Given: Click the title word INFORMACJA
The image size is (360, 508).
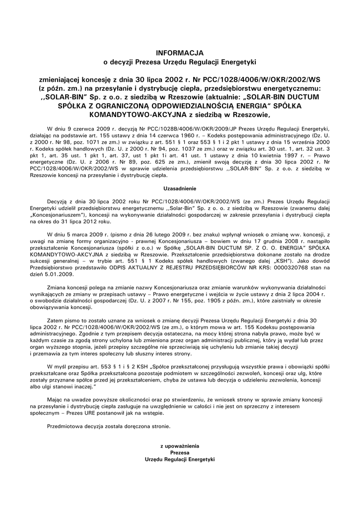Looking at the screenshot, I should click(180, 52).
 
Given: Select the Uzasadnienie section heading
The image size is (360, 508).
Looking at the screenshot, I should click(180, 189).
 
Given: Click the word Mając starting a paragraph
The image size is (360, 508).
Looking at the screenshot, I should click(55, 399).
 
